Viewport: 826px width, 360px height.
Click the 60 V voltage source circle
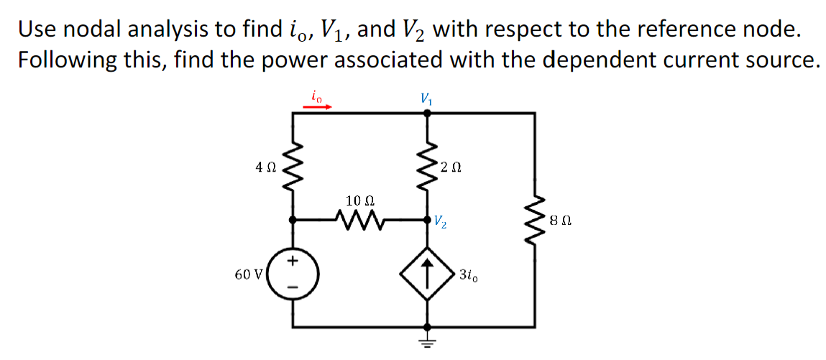[291, 274]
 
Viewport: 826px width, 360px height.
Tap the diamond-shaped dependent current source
[429, 274]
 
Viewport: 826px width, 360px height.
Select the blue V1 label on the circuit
[427, 97]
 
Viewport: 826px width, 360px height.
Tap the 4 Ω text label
[265, 167]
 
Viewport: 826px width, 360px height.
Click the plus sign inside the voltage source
[293, 261]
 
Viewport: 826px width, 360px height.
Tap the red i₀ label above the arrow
[316, 93]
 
